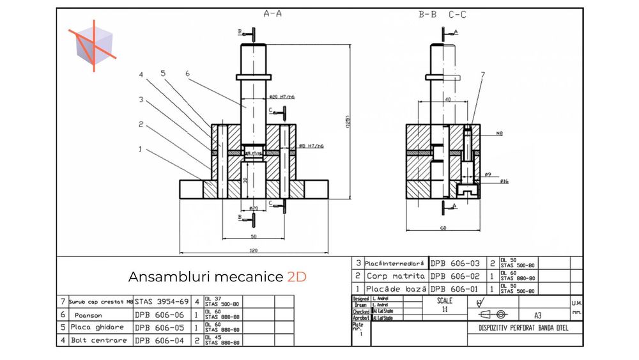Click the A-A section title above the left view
pos(273,13)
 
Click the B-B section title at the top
pos(427,13)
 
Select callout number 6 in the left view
pos(188,74)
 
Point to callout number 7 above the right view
pos(483,75)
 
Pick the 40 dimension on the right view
pos(448,100)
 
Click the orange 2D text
pos(296,277)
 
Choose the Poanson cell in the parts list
pos(89,315)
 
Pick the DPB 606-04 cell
pos(159,340)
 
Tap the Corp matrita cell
pos(396,276)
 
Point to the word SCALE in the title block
pos(444,301)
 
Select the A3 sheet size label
pos(539,315)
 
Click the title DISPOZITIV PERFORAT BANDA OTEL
pos(522,328)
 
